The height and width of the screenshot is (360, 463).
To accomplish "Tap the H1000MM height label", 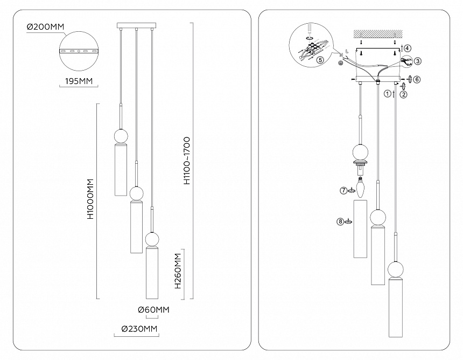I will [90, 199].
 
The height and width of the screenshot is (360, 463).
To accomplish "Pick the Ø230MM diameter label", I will [139, 329].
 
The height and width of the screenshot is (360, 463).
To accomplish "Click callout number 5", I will [320, 60].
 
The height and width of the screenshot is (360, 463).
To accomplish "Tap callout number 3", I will [418, 61].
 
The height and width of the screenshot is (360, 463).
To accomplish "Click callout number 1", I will [387, 93].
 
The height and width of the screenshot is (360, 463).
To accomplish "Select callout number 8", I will [340, 221].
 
